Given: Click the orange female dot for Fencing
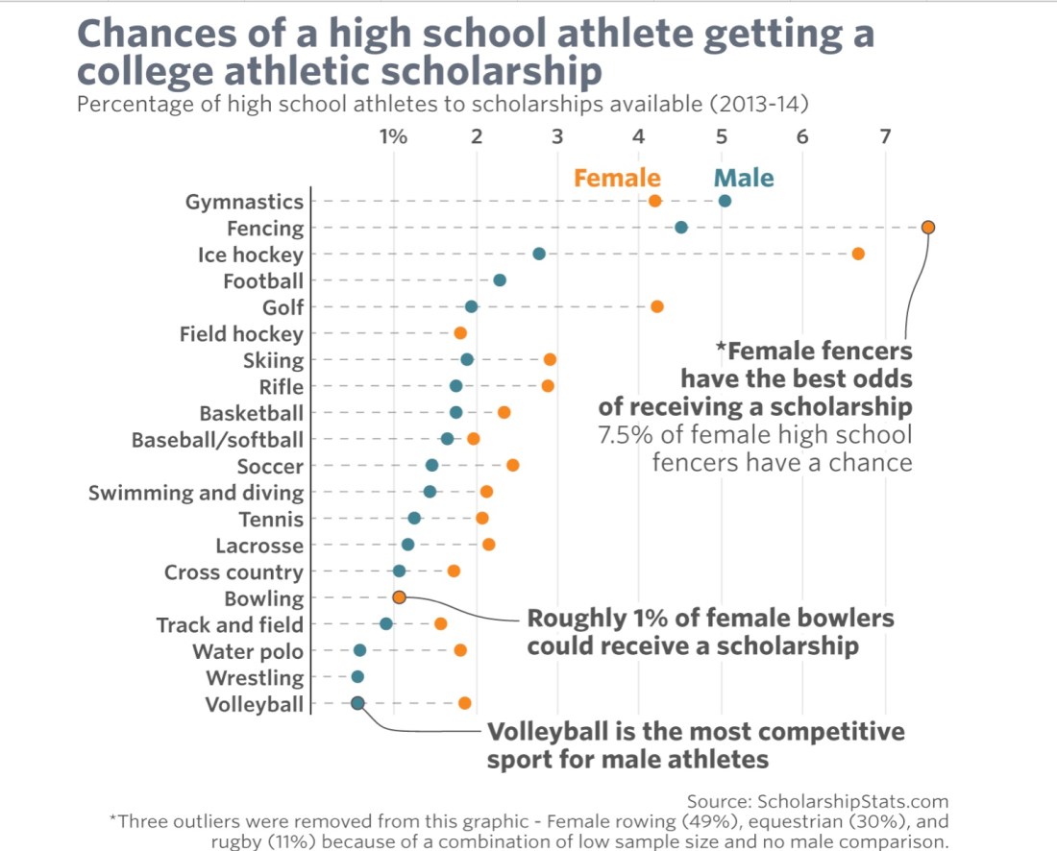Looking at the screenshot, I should (x=927, y=228).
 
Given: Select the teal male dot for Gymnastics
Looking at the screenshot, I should (x=725, y=201).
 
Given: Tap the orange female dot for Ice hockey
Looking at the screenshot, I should (x=858, y=254).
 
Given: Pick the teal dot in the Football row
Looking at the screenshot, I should (x=500, y=280).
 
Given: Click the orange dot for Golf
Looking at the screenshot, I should (x=657, y=306).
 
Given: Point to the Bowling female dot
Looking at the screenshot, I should (x=400, y=597).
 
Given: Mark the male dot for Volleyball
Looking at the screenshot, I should (x=357, y=703).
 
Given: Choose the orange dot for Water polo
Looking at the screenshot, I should (x=460, y=650).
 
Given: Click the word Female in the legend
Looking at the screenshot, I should (x=617, y=178).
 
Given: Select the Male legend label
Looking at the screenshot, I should (x=744, y=178).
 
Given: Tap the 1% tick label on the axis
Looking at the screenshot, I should (x=393, y=135).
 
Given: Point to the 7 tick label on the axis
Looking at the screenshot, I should (x=885, y=135).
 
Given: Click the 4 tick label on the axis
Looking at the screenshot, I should (x=638, y=135).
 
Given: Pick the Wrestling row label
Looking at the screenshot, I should (x=255, y=678).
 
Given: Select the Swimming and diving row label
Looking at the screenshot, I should (x=196, y=494).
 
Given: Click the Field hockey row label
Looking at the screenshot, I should (x=241, y=334).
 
